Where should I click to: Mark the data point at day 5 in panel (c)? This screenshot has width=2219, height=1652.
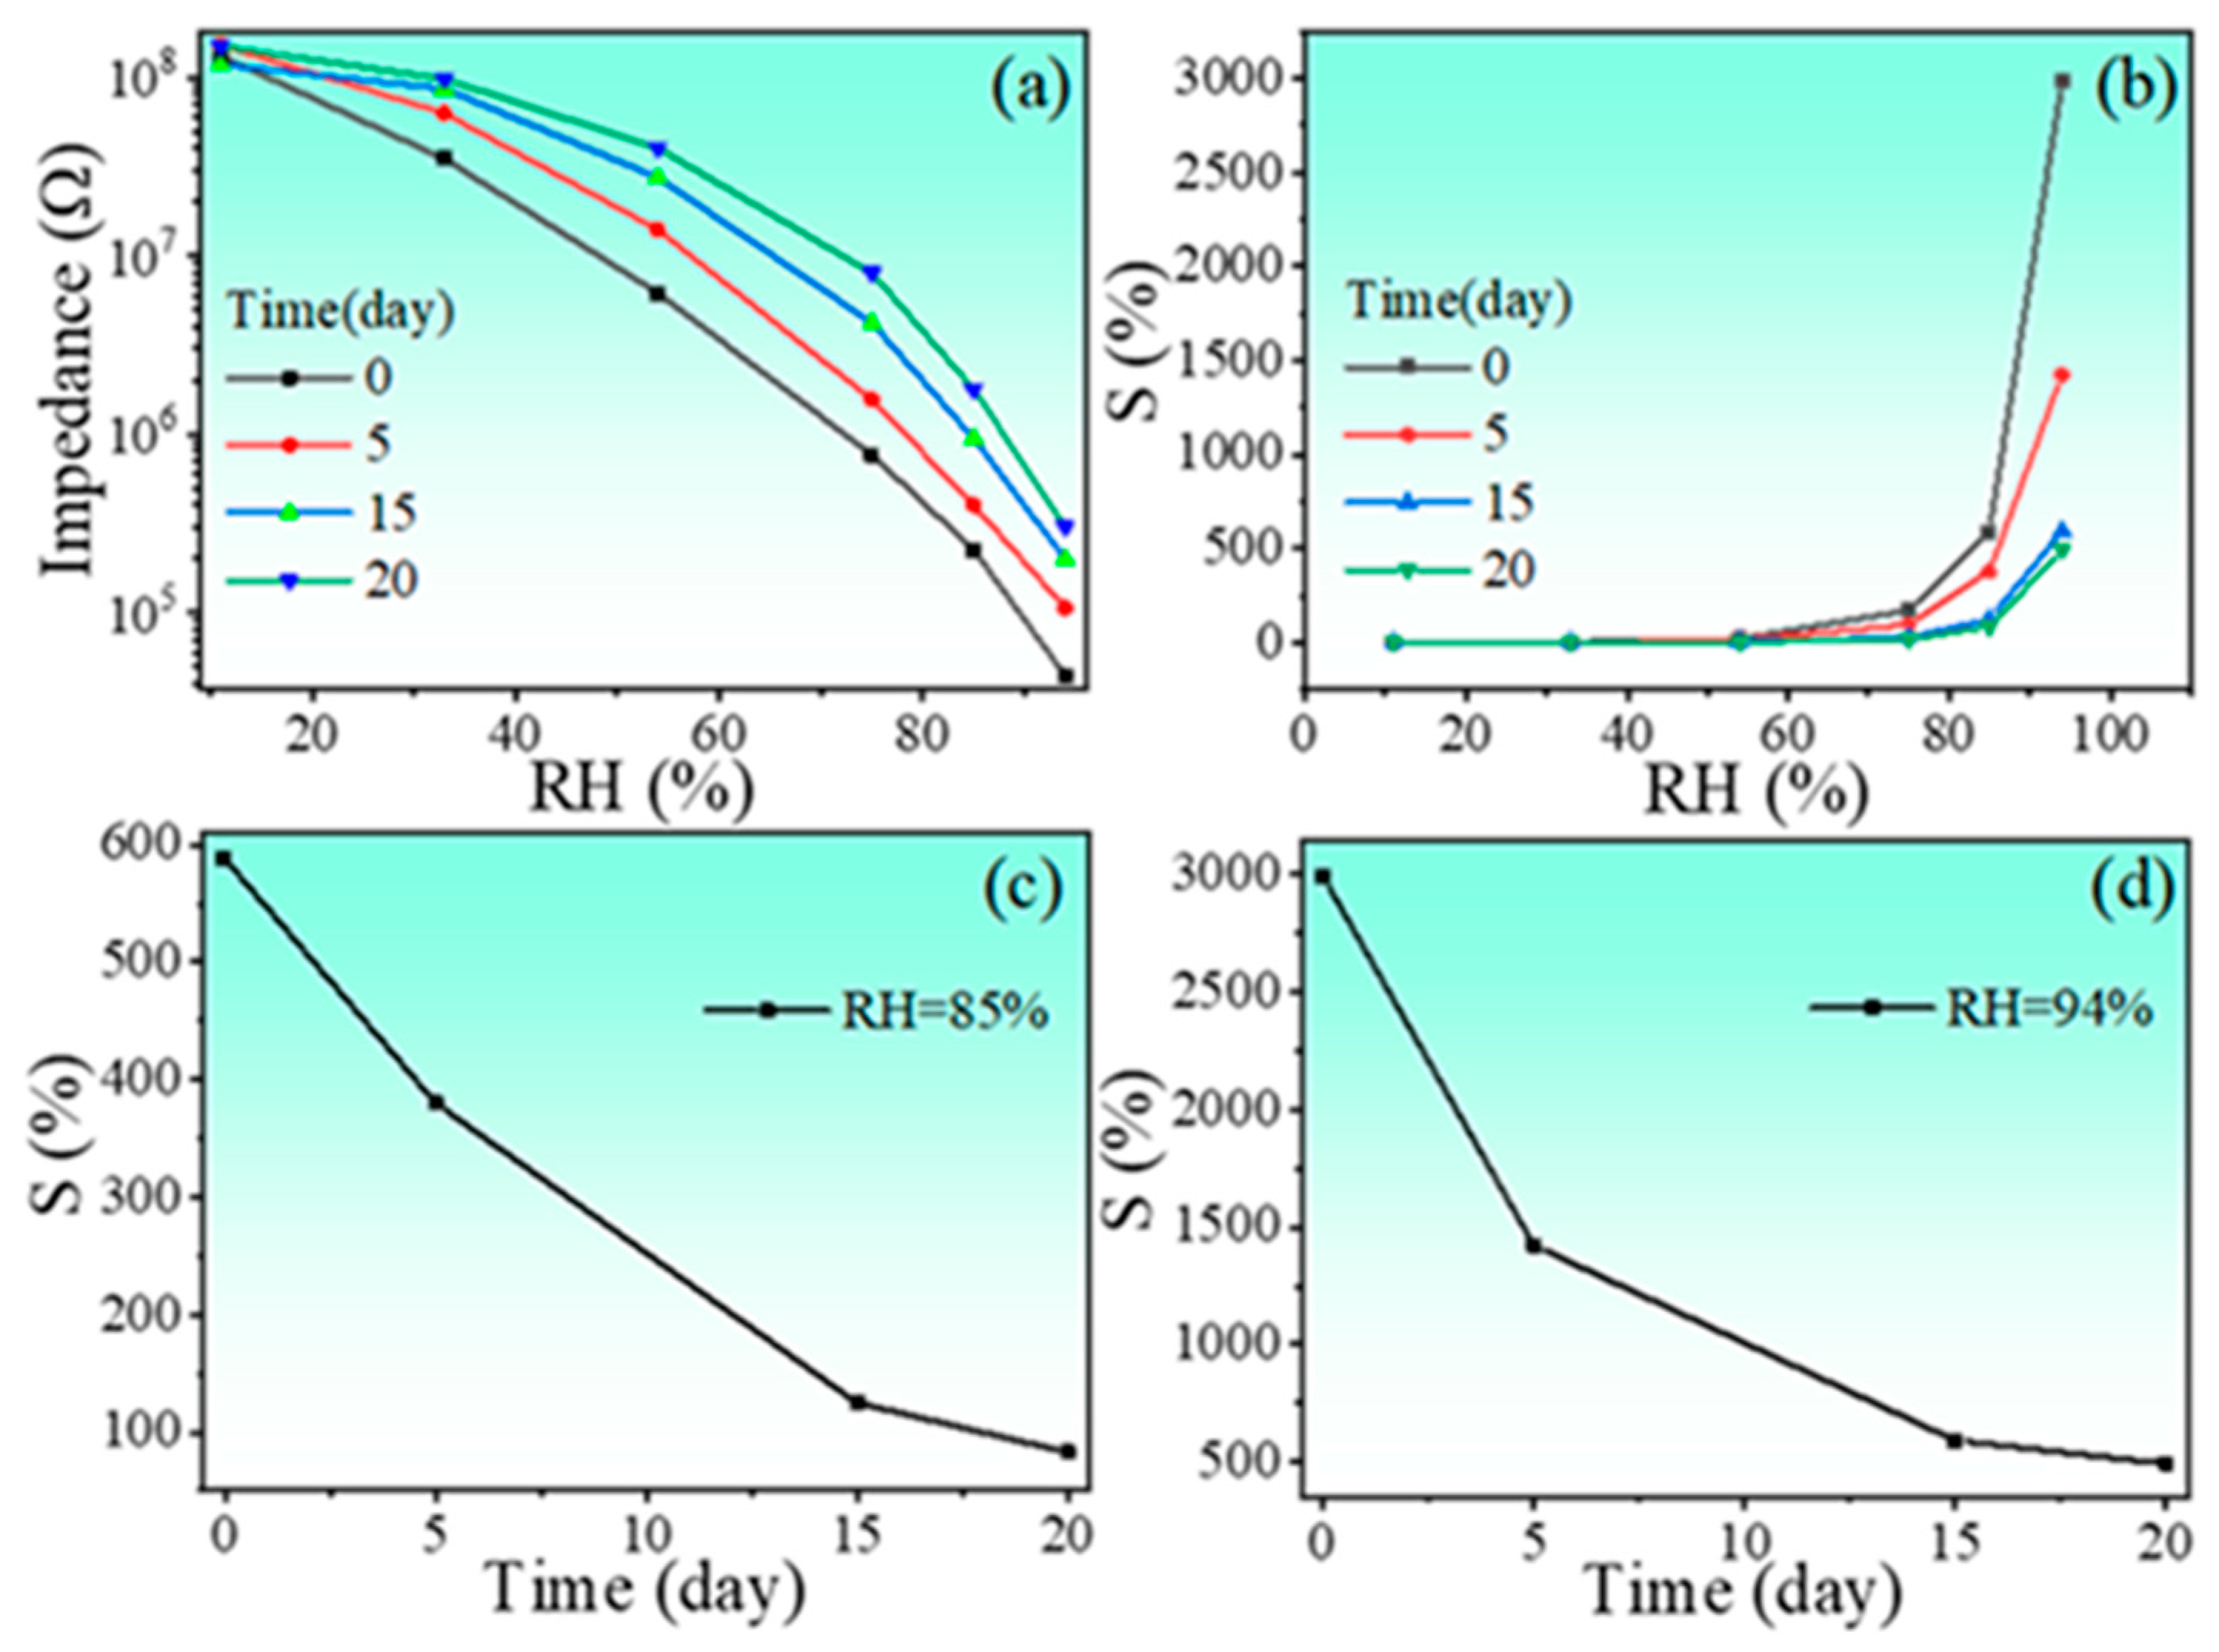coord(436,1102)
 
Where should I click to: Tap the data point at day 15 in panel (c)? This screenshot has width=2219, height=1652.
coord(857,1402)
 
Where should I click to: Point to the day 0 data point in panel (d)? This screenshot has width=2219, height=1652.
coord(1322,876)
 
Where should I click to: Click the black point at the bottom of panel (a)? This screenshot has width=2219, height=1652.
coord(1065,676)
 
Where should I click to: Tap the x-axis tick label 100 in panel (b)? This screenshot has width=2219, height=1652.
coord(2110,736)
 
